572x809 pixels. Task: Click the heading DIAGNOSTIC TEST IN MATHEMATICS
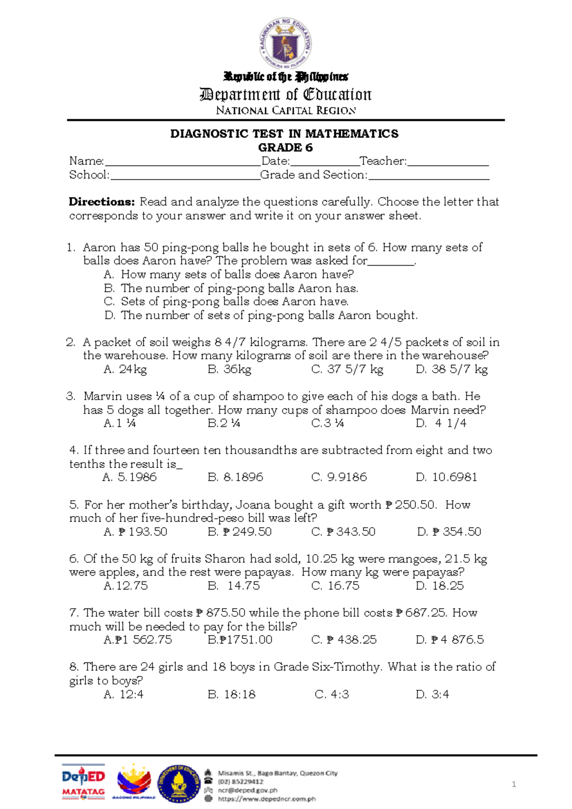[285, 134]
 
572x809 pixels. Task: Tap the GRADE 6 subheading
[285, 147]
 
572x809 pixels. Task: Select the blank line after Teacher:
[448, 162]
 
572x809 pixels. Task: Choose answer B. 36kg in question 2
[229, 369]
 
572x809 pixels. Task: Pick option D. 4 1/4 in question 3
[441, 423]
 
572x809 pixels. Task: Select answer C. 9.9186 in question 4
[339, 477]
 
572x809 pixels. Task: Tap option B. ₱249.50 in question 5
[240, 531]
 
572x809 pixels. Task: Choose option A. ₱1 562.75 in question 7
[138, 640]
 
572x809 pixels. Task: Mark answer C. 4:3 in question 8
[332, 694]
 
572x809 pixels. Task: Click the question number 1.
[71, 248]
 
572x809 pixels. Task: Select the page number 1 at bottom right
[514, 784]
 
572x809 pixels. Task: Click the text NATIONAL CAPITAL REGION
[286, 111]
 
